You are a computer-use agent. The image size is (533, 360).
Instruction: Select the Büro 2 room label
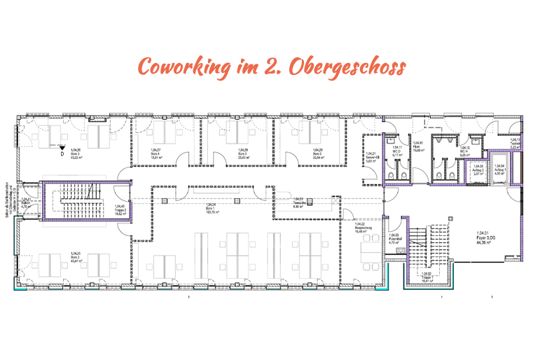73,256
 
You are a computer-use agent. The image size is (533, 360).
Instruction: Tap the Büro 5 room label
242,153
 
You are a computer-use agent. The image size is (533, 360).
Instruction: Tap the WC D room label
395,151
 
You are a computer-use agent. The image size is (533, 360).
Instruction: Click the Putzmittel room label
394,238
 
